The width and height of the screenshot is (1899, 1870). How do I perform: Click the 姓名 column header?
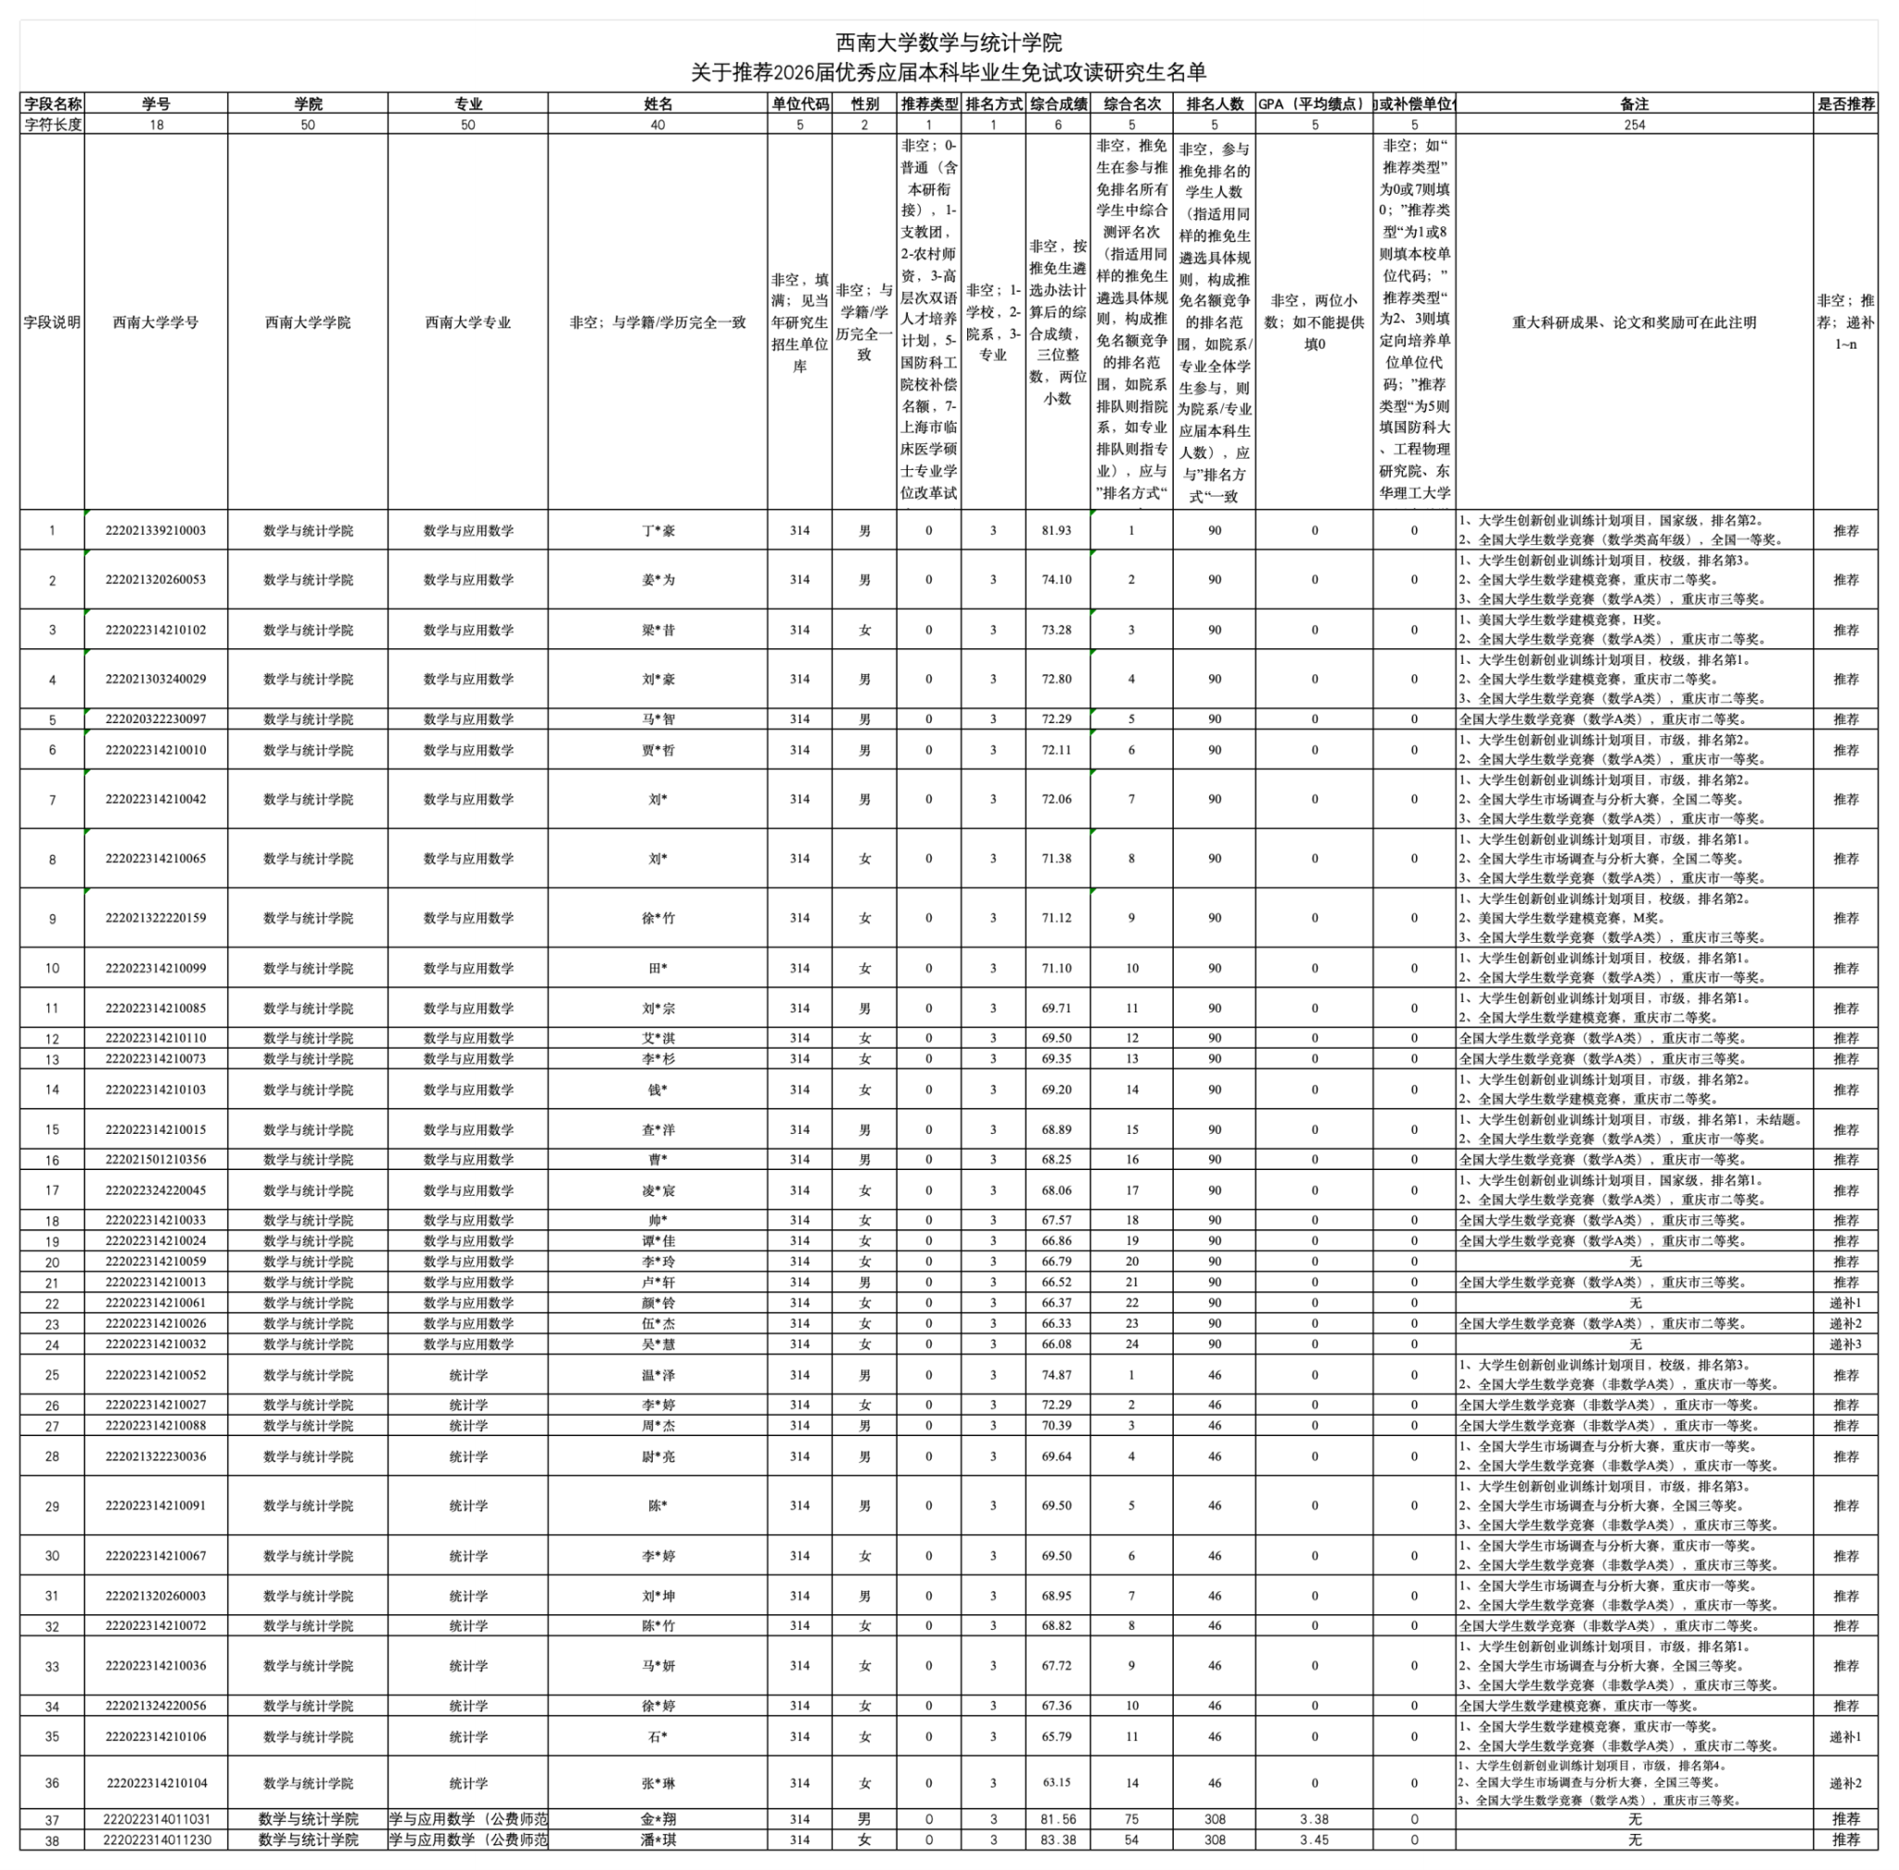[657, 104]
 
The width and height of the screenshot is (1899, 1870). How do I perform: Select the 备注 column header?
[1634, 104]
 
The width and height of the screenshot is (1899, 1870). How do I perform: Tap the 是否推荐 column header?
[1846, 104]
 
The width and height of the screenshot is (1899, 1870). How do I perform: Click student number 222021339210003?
[156, 530]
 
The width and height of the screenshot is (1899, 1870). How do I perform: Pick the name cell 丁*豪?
[657, 530]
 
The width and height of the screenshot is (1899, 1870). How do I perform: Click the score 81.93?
[1056, 530]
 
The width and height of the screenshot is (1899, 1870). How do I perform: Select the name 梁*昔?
[657, 630]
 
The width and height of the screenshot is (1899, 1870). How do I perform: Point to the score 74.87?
[1056, 1375]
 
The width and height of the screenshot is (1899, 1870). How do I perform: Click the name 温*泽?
[657, 1375]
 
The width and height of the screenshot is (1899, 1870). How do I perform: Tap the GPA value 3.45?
[1314, 1839]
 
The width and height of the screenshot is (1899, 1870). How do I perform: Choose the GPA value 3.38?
[1314, 1819]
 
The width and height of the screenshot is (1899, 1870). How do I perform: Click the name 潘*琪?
[657, 1839]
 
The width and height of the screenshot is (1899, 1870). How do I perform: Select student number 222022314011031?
[156, 1819]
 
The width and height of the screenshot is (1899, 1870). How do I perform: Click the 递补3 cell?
[1845, 1343]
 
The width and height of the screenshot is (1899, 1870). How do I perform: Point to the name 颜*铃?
[657, 1303]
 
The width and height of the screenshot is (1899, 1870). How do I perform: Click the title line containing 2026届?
[948, 72]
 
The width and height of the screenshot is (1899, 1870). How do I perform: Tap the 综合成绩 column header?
[1057, 104]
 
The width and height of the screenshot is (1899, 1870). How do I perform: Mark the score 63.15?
[1056, 1783]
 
